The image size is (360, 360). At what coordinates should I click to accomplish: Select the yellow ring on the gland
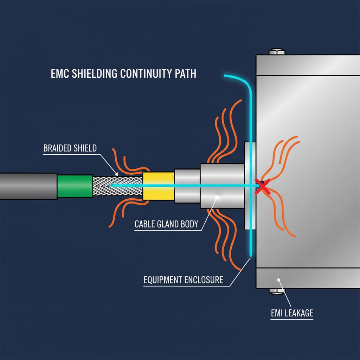[x=158, y=186]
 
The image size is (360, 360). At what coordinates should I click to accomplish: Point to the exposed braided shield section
[x=117, y=186]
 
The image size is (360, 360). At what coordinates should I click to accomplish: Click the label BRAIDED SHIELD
[x=70, y=148]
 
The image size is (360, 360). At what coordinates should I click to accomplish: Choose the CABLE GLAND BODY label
[x=167, y=224]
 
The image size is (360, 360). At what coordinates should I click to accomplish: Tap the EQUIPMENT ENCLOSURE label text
[x=183, y=280]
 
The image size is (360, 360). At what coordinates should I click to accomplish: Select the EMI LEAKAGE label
[x=292, y=313]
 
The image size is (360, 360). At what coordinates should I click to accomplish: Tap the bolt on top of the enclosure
[x=277, y=52]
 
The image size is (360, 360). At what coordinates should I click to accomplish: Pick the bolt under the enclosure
[x=277, y=291]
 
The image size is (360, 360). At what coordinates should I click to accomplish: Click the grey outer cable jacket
[x=28, y=186]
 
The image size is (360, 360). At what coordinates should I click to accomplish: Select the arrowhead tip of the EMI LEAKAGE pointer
[x=278, y=279]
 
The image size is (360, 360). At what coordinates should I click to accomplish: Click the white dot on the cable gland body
[x=217, y=198]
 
